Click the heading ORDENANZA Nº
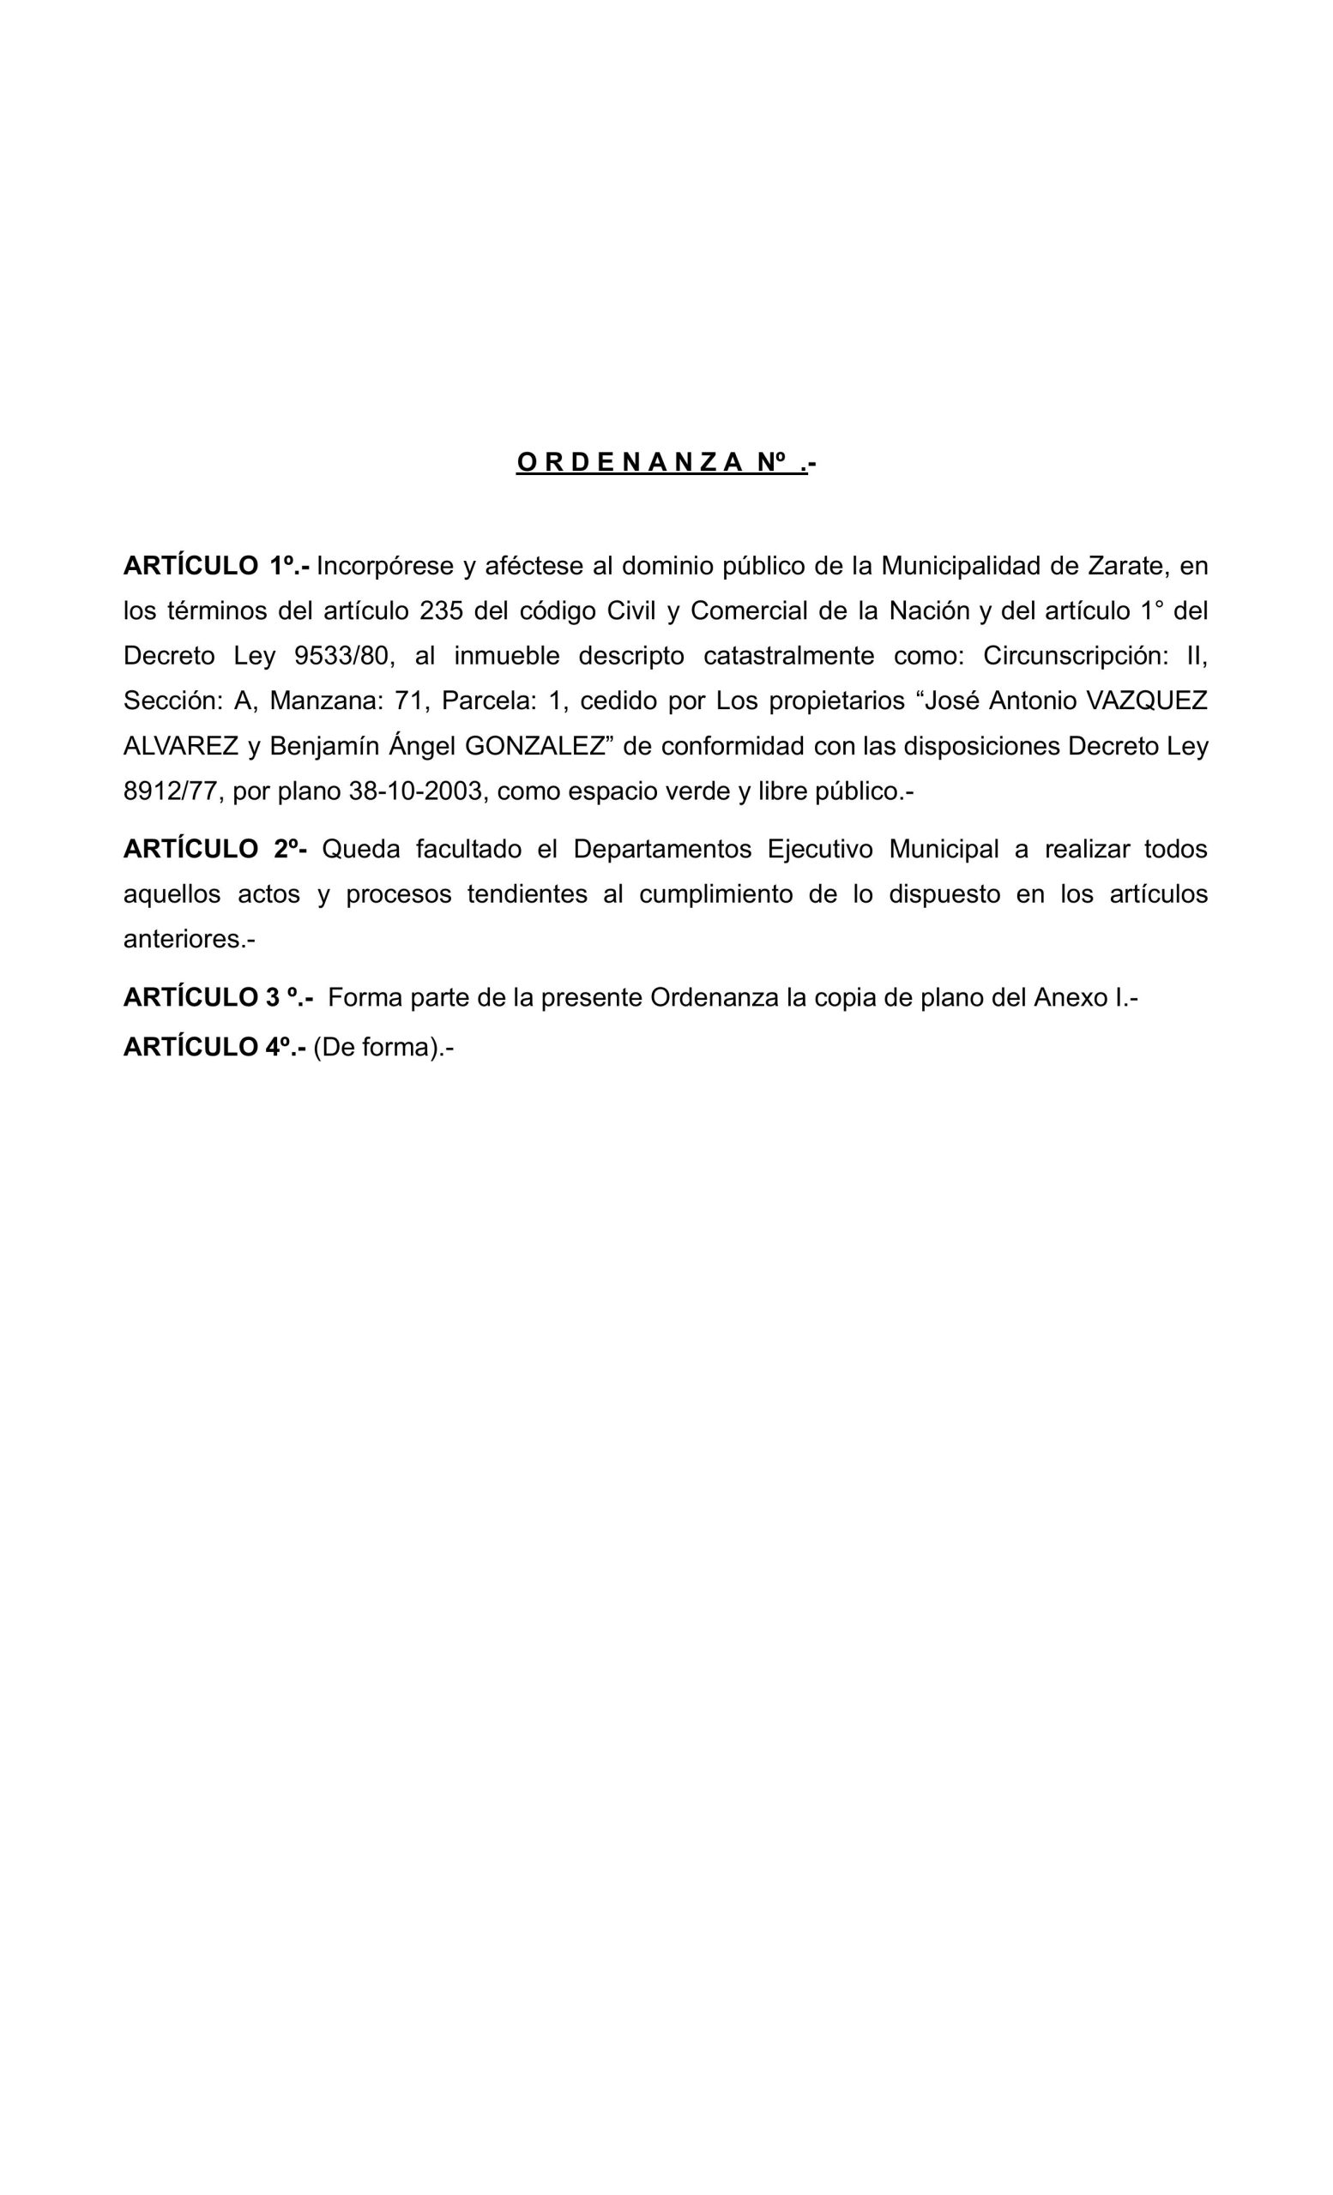click(666, 462)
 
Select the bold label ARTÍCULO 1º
click(215, 566)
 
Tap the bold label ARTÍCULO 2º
click(214, 849)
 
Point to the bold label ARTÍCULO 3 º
click(217, 998)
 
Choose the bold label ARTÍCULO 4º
click(214, 1048)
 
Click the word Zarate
click(1126, 566)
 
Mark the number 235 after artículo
click(441, 611)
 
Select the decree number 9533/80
click(342, 656)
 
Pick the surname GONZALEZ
click(534, 746)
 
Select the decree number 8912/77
click(171, 791)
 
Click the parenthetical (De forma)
click(377, 1048)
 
